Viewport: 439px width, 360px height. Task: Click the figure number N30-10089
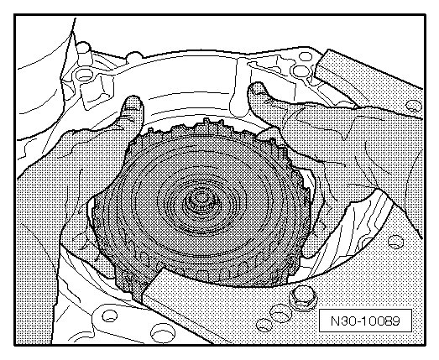[365, 321]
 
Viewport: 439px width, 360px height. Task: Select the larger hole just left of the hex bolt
[281, 313]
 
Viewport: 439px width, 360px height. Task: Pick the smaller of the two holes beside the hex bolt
[264, 325]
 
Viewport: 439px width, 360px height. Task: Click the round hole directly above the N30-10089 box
[395, 242]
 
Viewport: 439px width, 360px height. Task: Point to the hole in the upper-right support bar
[414, 106]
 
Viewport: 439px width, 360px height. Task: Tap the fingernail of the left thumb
[133, 103]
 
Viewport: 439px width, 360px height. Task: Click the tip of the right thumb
[256, 86]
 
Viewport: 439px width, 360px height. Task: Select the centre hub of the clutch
[201, 202]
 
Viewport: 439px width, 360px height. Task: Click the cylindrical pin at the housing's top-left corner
[83, 52]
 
